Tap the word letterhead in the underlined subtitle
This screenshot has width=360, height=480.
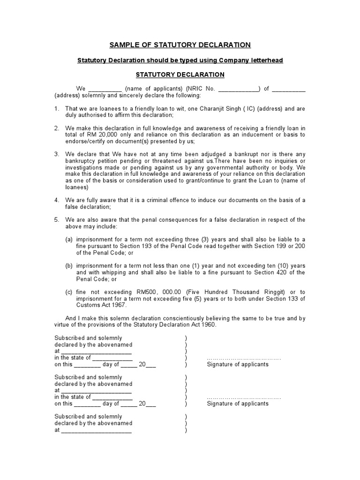tap(267, 60)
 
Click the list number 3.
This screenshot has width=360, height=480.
tap(56, 154)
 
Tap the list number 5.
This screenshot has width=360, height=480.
tap(56, 220)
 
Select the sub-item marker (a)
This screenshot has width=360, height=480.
tap(69, 240)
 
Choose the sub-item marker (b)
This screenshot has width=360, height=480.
tap(69, 266)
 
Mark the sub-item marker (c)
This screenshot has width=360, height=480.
tap(69, 292)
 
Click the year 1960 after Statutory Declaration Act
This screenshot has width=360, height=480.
tap(208, 325)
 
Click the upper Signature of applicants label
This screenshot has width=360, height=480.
tap(238, 364)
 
